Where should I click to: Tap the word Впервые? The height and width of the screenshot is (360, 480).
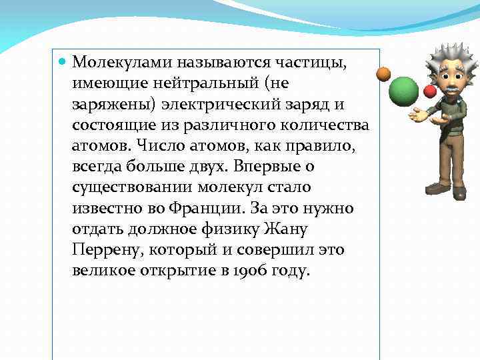[254, 167]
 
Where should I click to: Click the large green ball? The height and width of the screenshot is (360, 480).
[403, 90]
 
